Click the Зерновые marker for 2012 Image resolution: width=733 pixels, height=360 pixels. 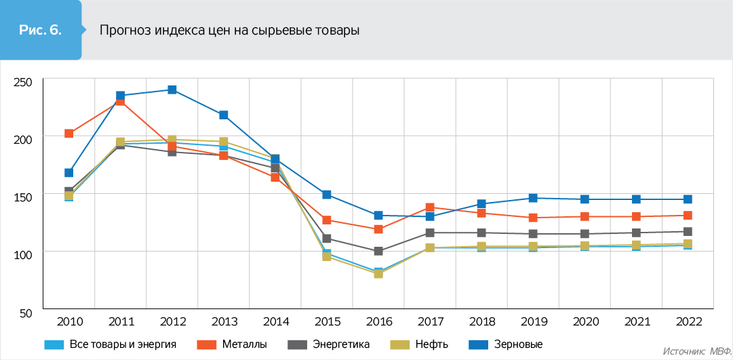(172, 89)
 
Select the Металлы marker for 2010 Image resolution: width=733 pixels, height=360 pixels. (69, 134)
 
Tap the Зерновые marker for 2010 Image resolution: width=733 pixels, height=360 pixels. (69, 173)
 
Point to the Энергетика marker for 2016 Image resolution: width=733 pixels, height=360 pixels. (378, 251)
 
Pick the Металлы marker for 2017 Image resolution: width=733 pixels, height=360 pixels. (430, 207)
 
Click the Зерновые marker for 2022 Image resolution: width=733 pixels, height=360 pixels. (688, 199)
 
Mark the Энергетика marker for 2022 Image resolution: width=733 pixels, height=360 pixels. (688, 232)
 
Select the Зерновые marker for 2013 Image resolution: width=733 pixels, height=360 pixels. (224, 115)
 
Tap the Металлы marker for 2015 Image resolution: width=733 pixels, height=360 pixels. (327, 220)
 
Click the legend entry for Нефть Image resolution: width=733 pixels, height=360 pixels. (421, 344)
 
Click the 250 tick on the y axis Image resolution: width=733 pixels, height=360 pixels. (23, 82)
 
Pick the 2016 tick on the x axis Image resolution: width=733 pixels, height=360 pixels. (378, 321)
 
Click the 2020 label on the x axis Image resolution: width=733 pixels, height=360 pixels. (585, 321)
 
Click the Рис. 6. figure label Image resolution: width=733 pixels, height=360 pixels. (41, 30)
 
